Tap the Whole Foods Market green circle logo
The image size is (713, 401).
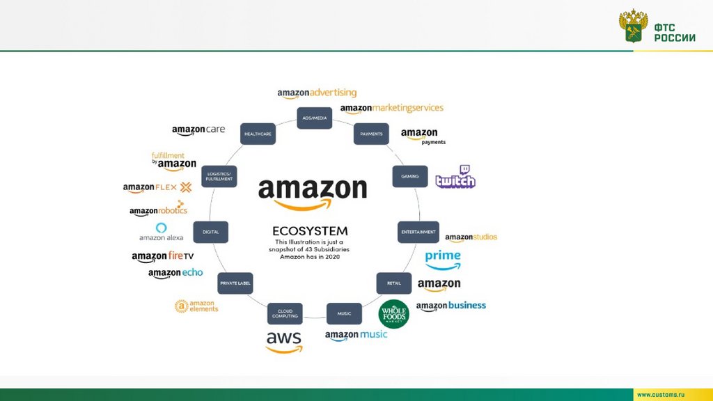393,314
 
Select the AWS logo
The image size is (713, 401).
284,341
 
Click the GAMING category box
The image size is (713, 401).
409,176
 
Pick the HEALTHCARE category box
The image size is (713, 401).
258,134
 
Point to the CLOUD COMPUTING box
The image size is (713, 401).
285,313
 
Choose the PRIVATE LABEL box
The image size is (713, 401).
235,283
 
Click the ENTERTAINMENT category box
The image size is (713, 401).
418,232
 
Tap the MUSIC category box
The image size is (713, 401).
344,313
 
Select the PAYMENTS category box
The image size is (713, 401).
371,134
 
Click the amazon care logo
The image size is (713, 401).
198,130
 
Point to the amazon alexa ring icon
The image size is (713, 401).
162,228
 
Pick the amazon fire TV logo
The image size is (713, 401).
163,257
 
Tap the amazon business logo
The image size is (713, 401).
451,306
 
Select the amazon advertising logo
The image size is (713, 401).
317,93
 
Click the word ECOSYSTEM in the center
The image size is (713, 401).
310,230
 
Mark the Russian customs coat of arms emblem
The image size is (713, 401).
633,26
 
